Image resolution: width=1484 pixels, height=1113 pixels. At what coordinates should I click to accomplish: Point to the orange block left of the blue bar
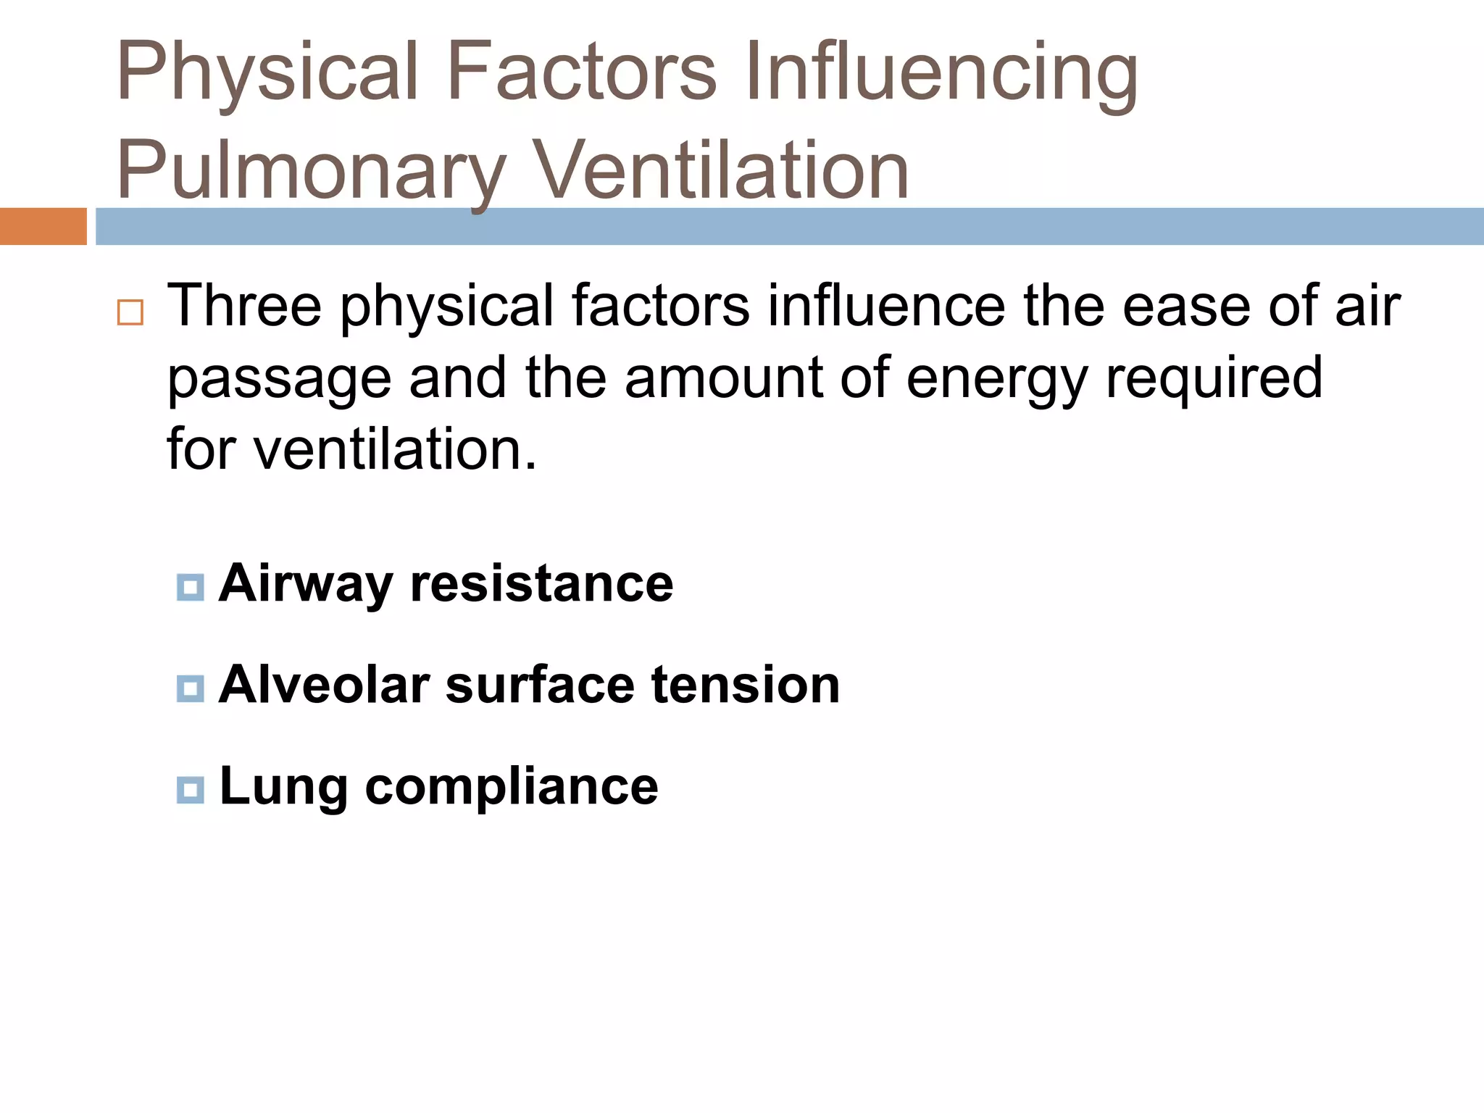43,226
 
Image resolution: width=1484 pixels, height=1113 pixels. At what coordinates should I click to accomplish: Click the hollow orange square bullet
130,312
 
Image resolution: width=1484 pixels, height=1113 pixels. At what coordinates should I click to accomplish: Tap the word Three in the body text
244,306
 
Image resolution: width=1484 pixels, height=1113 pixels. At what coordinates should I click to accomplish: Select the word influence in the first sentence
886,306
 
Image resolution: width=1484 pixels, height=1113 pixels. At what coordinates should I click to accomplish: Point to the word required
1214,378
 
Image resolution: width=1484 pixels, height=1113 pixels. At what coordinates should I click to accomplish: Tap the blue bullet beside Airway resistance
191,587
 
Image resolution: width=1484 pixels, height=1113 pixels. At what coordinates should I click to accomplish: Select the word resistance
541,584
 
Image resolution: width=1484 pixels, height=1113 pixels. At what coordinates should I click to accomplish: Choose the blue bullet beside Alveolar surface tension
191,688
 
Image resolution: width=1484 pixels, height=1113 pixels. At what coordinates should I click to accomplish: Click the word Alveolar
324,685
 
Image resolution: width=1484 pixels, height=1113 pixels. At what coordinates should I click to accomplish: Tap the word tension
746,685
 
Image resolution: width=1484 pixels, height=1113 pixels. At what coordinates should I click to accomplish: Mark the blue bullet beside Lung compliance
191,789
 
